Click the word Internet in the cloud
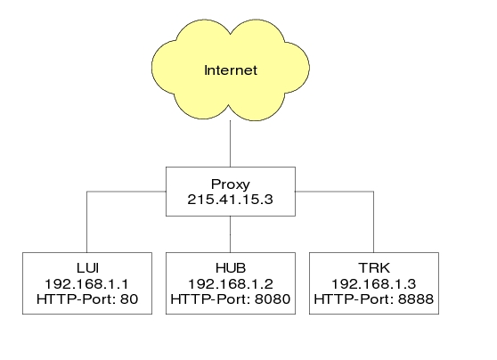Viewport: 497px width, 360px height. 231,70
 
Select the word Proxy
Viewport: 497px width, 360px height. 231,184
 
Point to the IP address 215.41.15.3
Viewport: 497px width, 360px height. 230,200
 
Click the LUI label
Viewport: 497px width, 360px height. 87,268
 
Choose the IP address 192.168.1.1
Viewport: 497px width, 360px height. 87,283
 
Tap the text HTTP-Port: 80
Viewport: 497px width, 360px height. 87,299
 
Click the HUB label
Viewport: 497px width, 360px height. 231,268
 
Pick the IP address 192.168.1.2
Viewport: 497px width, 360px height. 231,283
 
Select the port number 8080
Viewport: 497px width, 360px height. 273,299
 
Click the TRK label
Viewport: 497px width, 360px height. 374,268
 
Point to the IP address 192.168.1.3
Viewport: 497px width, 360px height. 374,283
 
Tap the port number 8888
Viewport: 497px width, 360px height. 416,299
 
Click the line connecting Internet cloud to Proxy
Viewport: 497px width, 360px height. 230,143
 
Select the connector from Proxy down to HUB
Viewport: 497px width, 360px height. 230,234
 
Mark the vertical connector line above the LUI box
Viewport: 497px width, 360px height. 87,222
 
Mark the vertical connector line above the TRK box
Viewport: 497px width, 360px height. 374,222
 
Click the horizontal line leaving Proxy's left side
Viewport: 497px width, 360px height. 126,192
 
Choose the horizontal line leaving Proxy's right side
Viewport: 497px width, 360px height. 334,192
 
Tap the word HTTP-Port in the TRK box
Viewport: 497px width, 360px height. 354,299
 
